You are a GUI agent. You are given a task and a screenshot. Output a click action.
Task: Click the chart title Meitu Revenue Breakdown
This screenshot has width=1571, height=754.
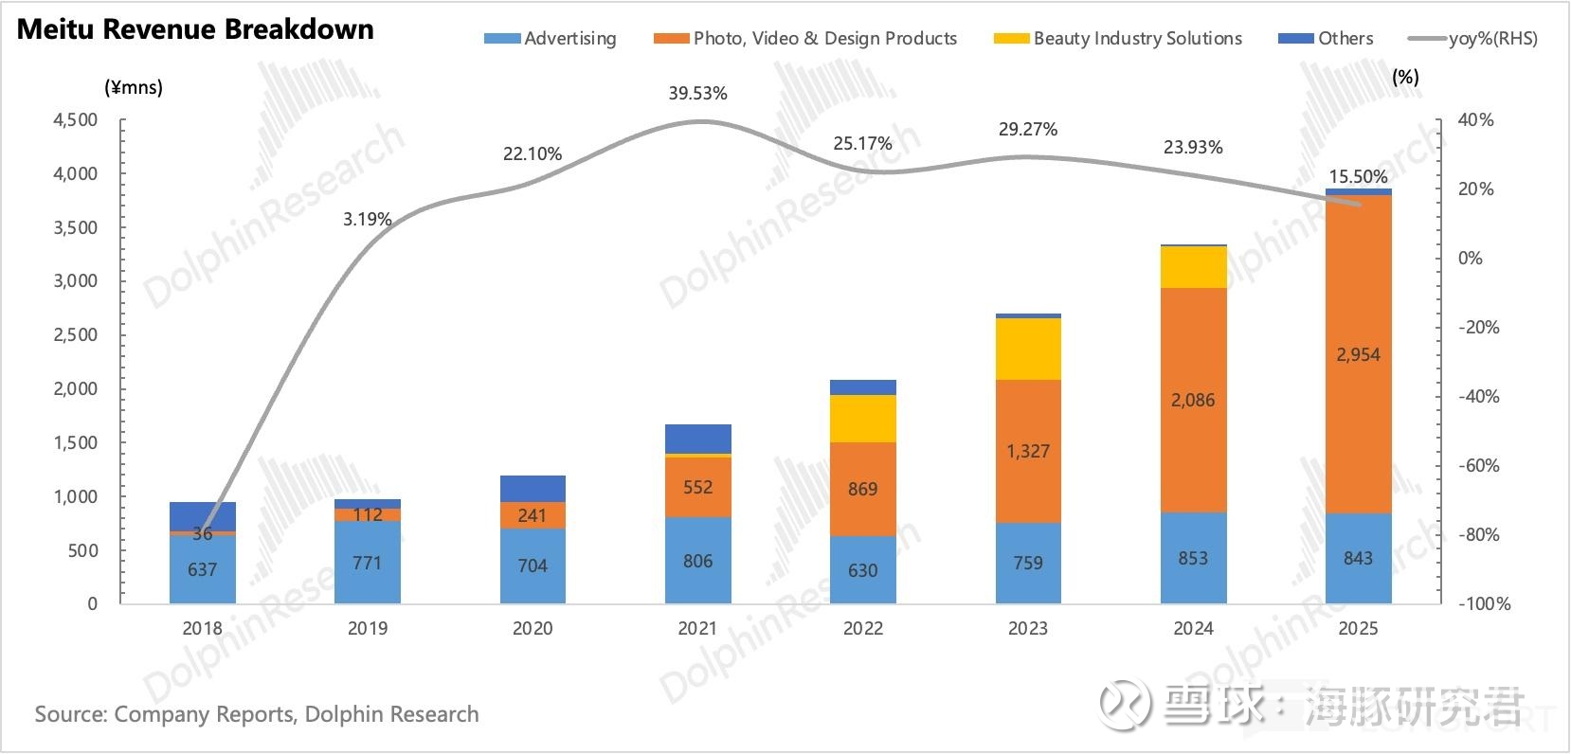pos(195,29)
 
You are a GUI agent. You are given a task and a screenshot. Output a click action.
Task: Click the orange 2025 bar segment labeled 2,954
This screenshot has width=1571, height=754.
pos(1358,354)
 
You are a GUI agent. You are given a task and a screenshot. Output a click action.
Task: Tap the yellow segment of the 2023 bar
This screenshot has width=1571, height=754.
pos(1028,349)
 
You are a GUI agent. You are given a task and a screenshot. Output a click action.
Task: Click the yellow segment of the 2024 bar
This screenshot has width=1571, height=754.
pos(1193,267)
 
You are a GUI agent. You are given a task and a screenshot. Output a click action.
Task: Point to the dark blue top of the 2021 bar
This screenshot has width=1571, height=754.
pos(697,439)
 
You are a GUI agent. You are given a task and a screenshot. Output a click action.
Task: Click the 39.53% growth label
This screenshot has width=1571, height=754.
pos(697,94)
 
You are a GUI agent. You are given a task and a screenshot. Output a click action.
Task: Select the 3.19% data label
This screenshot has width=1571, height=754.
pos(367,220)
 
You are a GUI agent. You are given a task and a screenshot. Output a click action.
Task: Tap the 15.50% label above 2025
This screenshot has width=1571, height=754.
pos(1358,177)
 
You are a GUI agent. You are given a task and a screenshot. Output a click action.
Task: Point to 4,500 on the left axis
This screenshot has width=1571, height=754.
pos(75,120)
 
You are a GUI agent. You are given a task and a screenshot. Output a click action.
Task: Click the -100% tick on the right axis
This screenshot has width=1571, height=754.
pos(1484,604)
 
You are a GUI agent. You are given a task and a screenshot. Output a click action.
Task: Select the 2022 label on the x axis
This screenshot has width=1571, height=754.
pos(862,629)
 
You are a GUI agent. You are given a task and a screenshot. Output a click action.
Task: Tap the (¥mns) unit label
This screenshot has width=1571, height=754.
pos(133,88)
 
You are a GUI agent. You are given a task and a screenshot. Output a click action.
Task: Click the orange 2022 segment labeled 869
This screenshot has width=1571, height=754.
pos(862,489)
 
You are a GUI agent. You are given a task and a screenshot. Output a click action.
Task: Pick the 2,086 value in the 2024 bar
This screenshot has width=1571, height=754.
pos(1193,401)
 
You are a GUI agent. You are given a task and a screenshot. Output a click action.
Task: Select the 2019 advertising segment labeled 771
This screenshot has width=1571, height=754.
pos(367,564)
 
